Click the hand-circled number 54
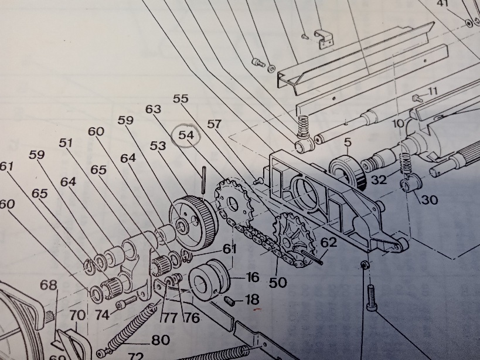click(x=186, y=135)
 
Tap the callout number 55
click(x=181, y=99)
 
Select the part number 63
click(x=153, y=109)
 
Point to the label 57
click(x=215, y=124)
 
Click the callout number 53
click(x=158, y=146)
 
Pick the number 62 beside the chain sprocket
click(x=329, y=243)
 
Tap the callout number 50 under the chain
click(x=278, y=282)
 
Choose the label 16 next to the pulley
click(x=253, y=277)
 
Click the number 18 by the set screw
click(x=252, y=300)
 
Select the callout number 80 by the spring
click(x=161, y=340)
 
